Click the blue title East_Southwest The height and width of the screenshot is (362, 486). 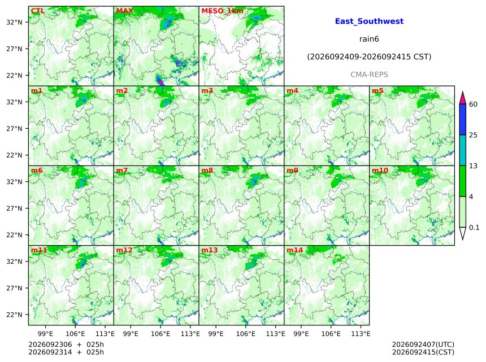pos(369,21)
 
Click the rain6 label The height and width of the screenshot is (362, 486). pos(369,39)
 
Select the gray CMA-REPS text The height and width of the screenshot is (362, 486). pos(369,75)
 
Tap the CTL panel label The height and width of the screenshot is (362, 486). pos(38,11)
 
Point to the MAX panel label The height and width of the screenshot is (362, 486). pos(124,11)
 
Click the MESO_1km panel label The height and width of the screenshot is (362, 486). pos(222,11)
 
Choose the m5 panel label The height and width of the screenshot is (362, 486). pos(377,91)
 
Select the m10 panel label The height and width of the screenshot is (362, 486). pos(380,171)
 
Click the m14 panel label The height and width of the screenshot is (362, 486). pos(294,250)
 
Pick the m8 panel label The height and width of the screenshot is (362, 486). pos(207,171)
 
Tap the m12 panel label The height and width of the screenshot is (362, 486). pos(124,250)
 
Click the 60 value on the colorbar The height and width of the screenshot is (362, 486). pos(473,104)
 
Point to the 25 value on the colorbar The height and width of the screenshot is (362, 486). pos(473,135)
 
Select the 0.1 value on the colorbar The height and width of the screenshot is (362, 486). pos(474,228)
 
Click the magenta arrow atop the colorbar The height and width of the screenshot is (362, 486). pos(463,98)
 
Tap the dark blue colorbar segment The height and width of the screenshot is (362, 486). pos(463,119)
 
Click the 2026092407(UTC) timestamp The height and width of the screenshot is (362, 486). pos(423,344)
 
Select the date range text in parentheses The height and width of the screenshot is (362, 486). pos(369,57)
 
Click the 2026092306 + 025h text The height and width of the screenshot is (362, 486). pos(66,344)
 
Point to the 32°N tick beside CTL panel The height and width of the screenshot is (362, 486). pos(14,22)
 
